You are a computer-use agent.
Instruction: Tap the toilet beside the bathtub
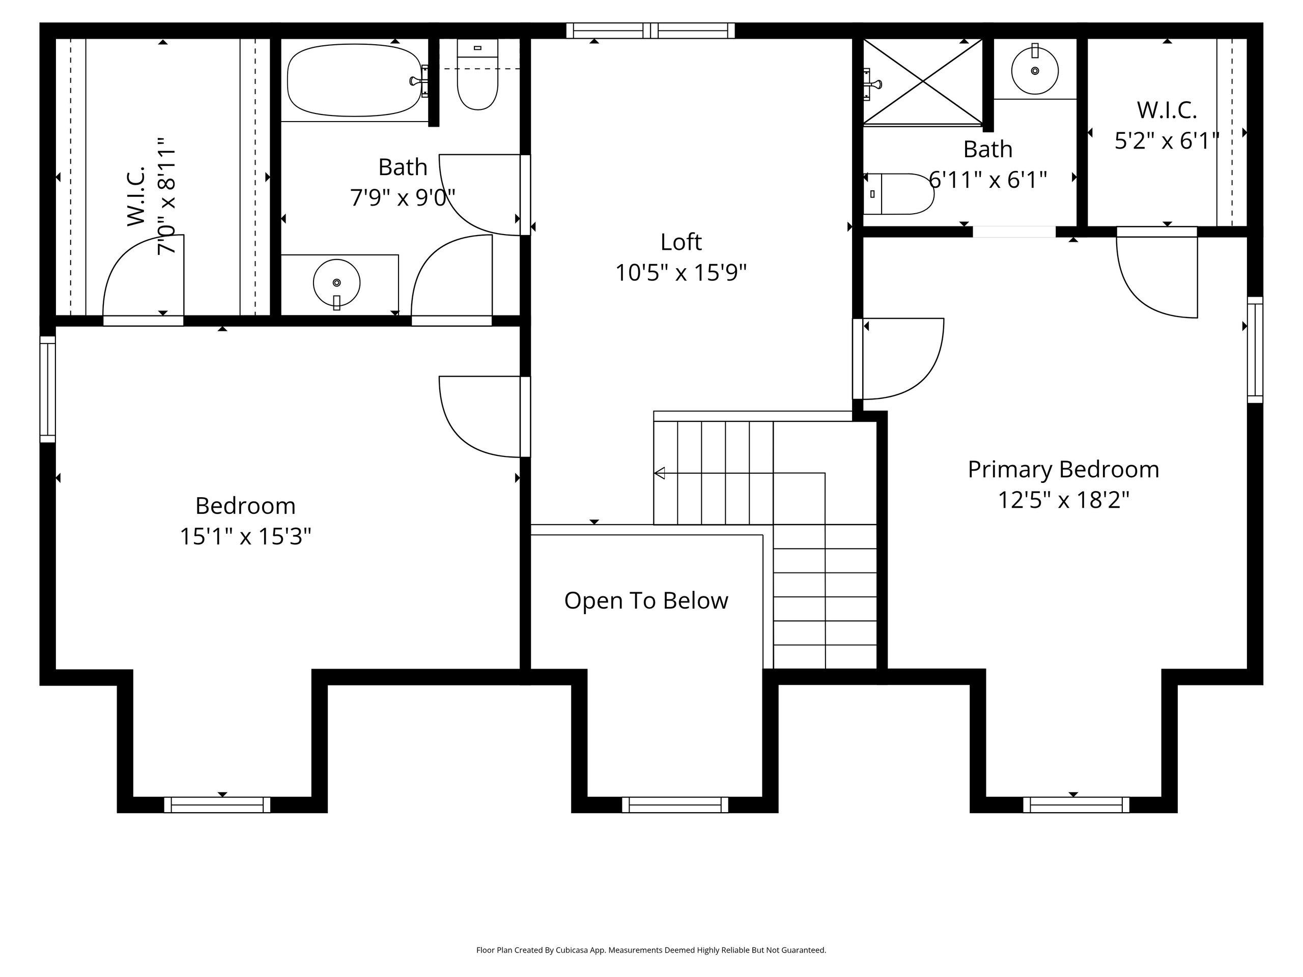477,74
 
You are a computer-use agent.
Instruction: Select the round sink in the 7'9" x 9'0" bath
336,283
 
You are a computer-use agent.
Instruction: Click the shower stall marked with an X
922,82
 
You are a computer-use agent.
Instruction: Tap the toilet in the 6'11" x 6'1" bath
898,194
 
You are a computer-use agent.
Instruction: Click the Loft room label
681,242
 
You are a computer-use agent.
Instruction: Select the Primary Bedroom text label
1063,469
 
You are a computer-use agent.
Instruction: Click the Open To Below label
646,600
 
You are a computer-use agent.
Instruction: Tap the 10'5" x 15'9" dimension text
681,273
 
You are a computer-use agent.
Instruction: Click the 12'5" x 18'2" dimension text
1063,500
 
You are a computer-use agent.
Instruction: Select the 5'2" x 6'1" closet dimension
1167,141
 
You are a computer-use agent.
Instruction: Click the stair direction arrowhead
660,473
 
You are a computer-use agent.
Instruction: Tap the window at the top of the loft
650,31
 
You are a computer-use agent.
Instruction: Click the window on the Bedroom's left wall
48,389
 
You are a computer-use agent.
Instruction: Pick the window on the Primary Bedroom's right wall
1255,350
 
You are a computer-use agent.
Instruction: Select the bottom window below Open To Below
675,804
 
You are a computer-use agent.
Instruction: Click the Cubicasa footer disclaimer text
651,950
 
